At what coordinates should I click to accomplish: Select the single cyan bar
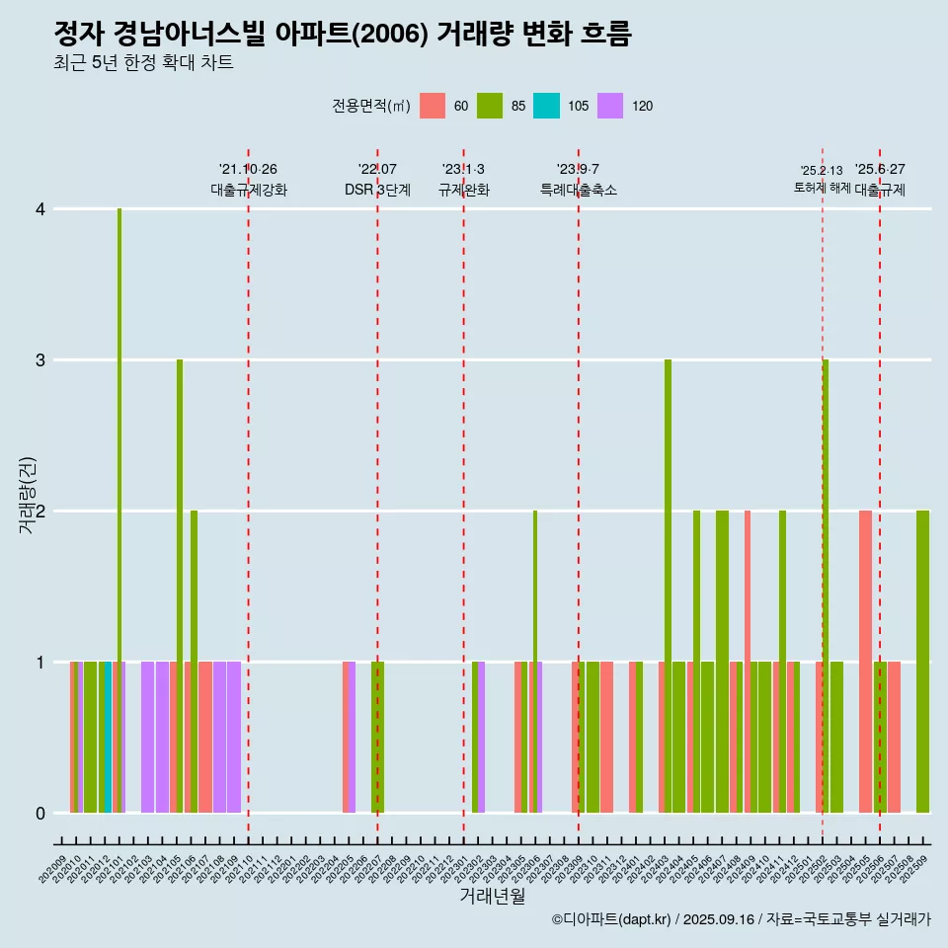coord(108,737)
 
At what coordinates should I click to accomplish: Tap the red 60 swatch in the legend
coord(433,106)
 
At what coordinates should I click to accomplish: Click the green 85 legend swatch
coord(490,106)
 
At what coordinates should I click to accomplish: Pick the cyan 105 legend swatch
coord(546,106)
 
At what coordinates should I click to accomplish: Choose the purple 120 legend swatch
coord(610,106)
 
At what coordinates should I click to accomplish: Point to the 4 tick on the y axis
coord(39,209)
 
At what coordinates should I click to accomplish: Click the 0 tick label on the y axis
coord(39,813)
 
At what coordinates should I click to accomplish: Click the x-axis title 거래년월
coord(492,896)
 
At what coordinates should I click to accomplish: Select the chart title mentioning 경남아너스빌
coord(342,35)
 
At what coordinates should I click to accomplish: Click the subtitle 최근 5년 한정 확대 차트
coord(144,63)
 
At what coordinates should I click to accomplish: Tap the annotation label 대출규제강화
coord(249,190)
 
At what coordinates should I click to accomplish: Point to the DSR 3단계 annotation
coord(377,190)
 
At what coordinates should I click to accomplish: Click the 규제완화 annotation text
coord(464,190)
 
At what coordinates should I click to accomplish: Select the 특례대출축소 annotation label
coord(579,190)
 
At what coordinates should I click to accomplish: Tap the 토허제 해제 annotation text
coord(822,188)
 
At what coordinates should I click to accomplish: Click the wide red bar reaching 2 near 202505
coord(865,662)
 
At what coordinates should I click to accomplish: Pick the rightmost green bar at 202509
coord(922,662)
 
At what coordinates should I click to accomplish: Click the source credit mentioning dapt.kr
coord(741,919)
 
